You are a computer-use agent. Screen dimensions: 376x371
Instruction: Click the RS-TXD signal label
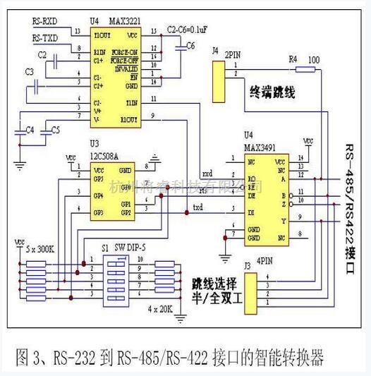pyautogui.click(x=45, y=37)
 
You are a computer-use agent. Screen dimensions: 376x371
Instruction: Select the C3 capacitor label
pyautogui.click(x=30, y=72)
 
